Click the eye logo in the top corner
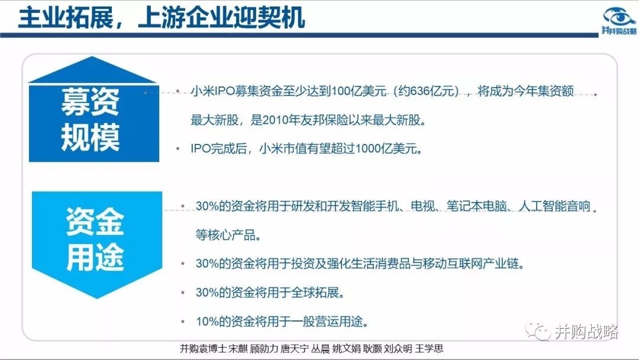click(x=619, y=17)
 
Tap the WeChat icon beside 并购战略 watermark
click(x=537, y=330)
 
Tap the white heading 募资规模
click(x=90, y=119)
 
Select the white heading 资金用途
click(x=95, y=239)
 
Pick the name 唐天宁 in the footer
click(x=295, y=349)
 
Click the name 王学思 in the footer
click(x=429, y=349)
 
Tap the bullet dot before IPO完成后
click(x=177, y=149)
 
